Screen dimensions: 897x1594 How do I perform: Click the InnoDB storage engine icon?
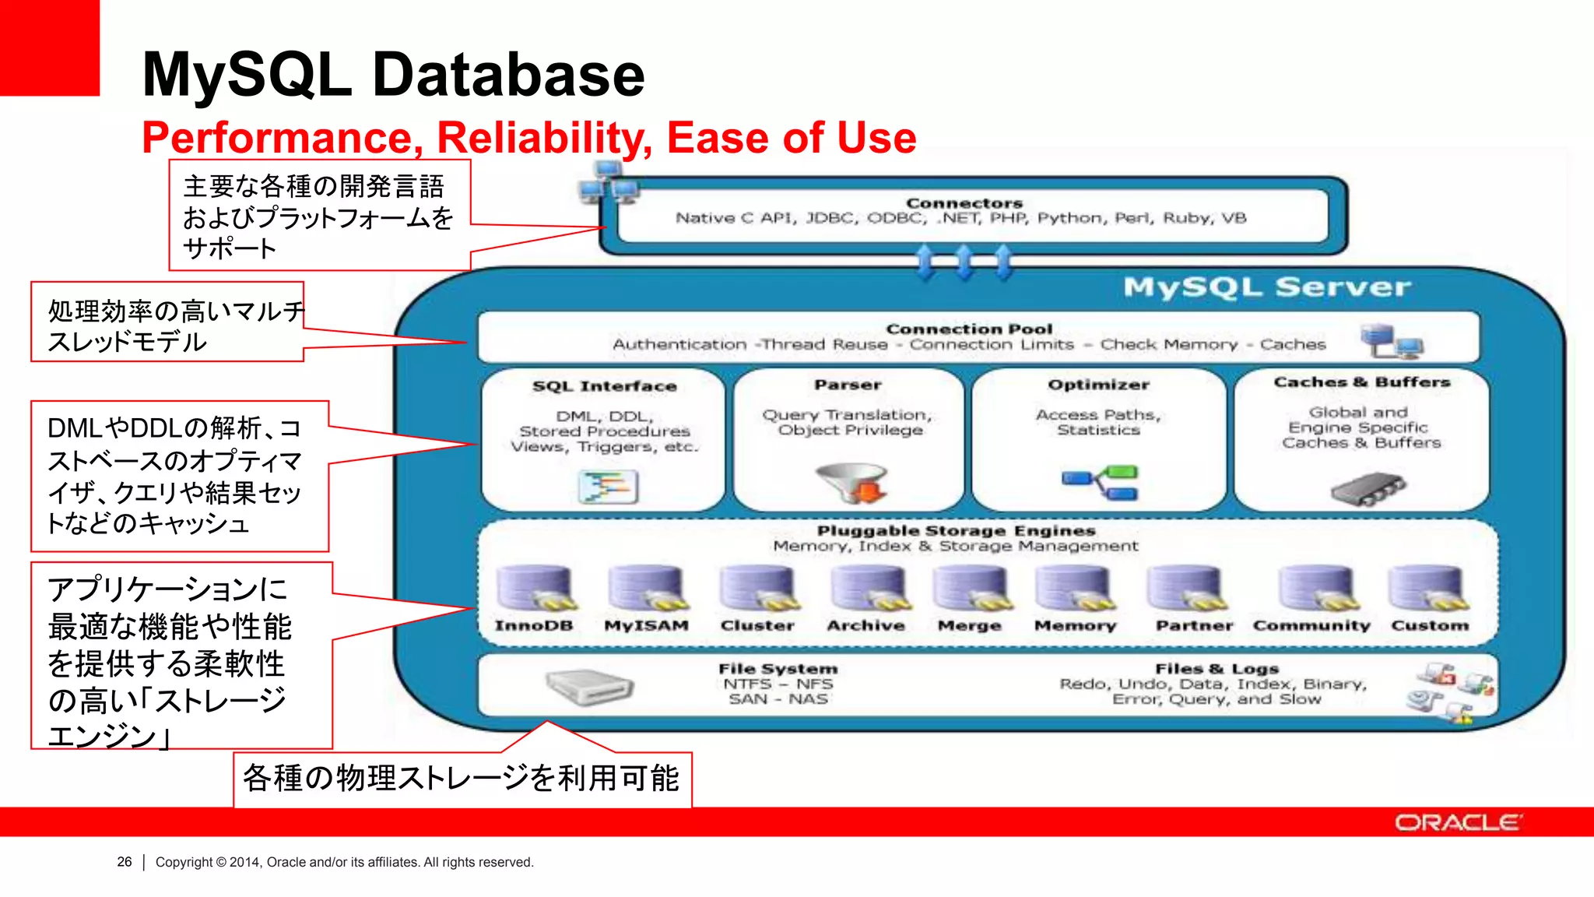(535, 589)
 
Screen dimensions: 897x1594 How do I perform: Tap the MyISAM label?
(646, 625)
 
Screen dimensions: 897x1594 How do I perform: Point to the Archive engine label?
(865, 625)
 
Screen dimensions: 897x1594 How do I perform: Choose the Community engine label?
(1311, 625)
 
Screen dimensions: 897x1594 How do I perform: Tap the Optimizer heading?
(1098, 385)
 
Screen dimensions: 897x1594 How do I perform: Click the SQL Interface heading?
(604, 386)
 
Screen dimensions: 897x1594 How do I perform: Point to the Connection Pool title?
(969, 329)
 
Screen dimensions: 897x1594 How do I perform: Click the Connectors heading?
(964, 203)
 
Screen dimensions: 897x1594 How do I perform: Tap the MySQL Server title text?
(1266, 287)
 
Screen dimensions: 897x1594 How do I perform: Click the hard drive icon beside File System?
(589, 687)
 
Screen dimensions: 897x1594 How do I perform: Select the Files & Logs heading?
(1217, 669)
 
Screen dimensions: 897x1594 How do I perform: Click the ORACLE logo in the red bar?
(1457, 823)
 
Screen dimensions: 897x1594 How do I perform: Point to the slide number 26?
(125, 862)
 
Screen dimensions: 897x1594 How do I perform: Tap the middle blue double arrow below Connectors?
(964, 262)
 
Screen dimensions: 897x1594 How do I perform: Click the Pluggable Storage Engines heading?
(956, 531)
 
